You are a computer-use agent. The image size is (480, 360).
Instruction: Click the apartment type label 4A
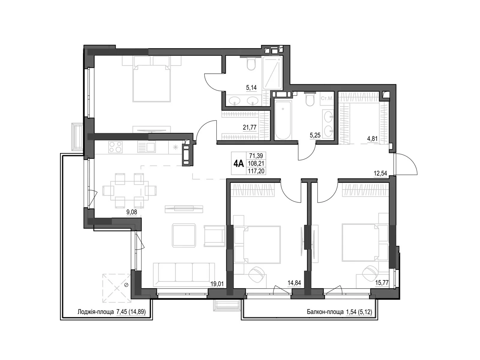[x=238, y=163]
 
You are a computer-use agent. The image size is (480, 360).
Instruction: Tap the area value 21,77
[x=249, y=127]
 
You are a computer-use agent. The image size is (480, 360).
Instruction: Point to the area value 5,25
[x=315, y=135]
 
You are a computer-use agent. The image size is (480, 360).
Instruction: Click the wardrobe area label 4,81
[x=372, y=139]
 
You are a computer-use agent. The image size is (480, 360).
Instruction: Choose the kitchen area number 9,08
[x=132, y=212]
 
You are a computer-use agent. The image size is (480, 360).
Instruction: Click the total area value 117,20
[x=256, y=171]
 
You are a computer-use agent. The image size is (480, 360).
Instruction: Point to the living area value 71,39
[x=256, y=156]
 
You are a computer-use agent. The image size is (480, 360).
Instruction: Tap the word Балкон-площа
[x=325, y=312]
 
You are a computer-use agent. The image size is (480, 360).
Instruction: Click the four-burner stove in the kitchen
[x=115, y=147]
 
